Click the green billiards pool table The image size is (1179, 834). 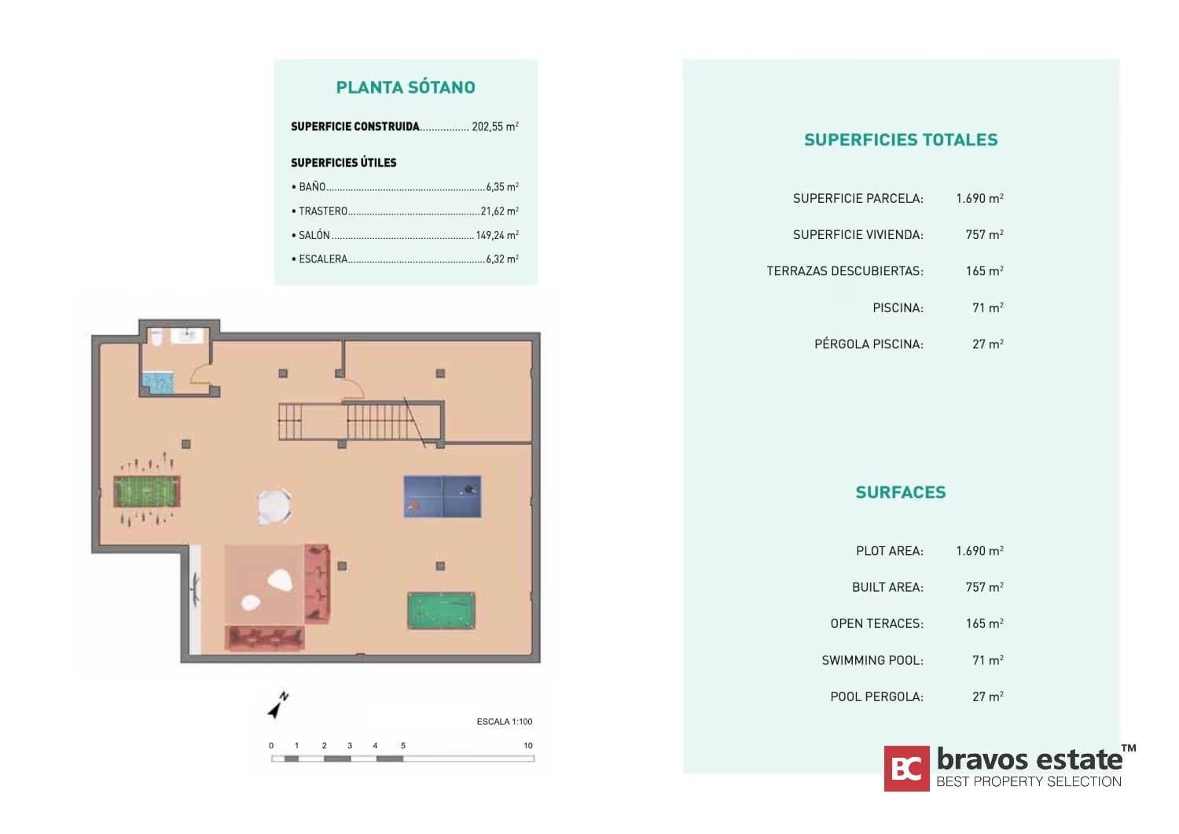click(x=441, y=610)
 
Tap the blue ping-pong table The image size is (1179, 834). click(x=442, y=497)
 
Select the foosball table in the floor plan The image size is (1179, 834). click(x=147, y=492)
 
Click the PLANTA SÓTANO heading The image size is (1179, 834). click(x=406, y=87)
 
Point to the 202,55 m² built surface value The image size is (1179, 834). click(x=494, y=127)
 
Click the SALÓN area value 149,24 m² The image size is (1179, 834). click(x=498, y=235)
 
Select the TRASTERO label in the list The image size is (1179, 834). click(x=323, y=211)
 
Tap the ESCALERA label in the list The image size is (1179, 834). click(x=323, y=259)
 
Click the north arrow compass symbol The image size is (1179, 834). click(x=278, y=706)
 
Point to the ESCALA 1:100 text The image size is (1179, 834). click(x=505, y=722)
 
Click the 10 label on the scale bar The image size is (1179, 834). click(x=528, y=745)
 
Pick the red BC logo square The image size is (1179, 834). click(x=906, y=768)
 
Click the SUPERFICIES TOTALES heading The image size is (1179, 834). click(x=901, y=140)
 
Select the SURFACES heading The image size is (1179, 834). click(x=901, y=492)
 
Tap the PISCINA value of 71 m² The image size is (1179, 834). click(x=987, y=307)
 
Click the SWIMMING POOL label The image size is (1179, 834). click(x=872, y=660)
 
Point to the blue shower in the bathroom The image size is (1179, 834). click(x=157, y=383)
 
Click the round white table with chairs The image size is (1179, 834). click(x=274, y=506)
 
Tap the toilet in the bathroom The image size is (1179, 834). click(x=156, y=337)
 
